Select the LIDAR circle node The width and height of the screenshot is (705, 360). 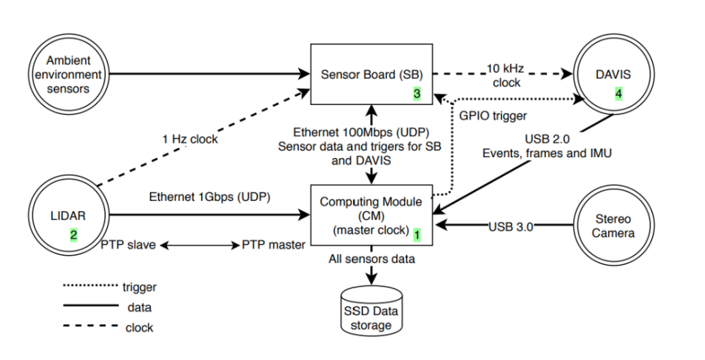70,214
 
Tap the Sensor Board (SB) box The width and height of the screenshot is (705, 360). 371,73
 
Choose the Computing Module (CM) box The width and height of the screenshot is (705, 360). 371,214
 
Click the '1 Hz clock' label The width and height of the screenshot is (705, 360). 188,139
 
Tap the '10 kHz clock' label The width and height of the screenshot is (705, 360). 503,75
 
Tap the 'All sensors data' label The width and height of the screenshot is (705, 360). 371,259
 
